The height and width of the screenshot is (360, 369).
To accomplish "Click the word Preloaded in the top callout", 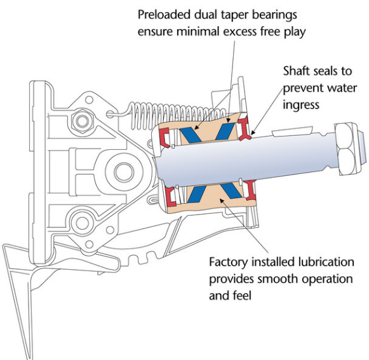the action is click(x=164, y=15).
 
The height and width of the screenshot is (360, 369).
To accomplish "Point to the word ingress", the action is click(x=301, y=105).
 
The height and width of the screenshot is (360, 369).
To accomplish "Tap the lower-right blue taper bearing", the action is click(x=232, y=190).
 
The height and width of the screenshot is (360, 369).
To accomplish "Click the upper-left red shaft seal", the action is click(x=164, y=137).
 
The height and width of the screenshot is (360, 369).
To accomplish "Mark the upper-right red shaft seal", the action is click(x=245, y=129).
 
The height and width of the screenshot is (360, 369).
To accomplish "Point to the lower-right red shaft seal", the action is click(x=250, y=190).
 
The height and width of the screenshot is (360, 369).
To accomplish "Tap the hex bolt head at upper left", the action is click(x=83, y=121).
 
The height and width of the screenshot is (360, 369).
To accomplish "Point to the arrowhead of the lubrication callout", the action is click(x=222, y=201).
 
